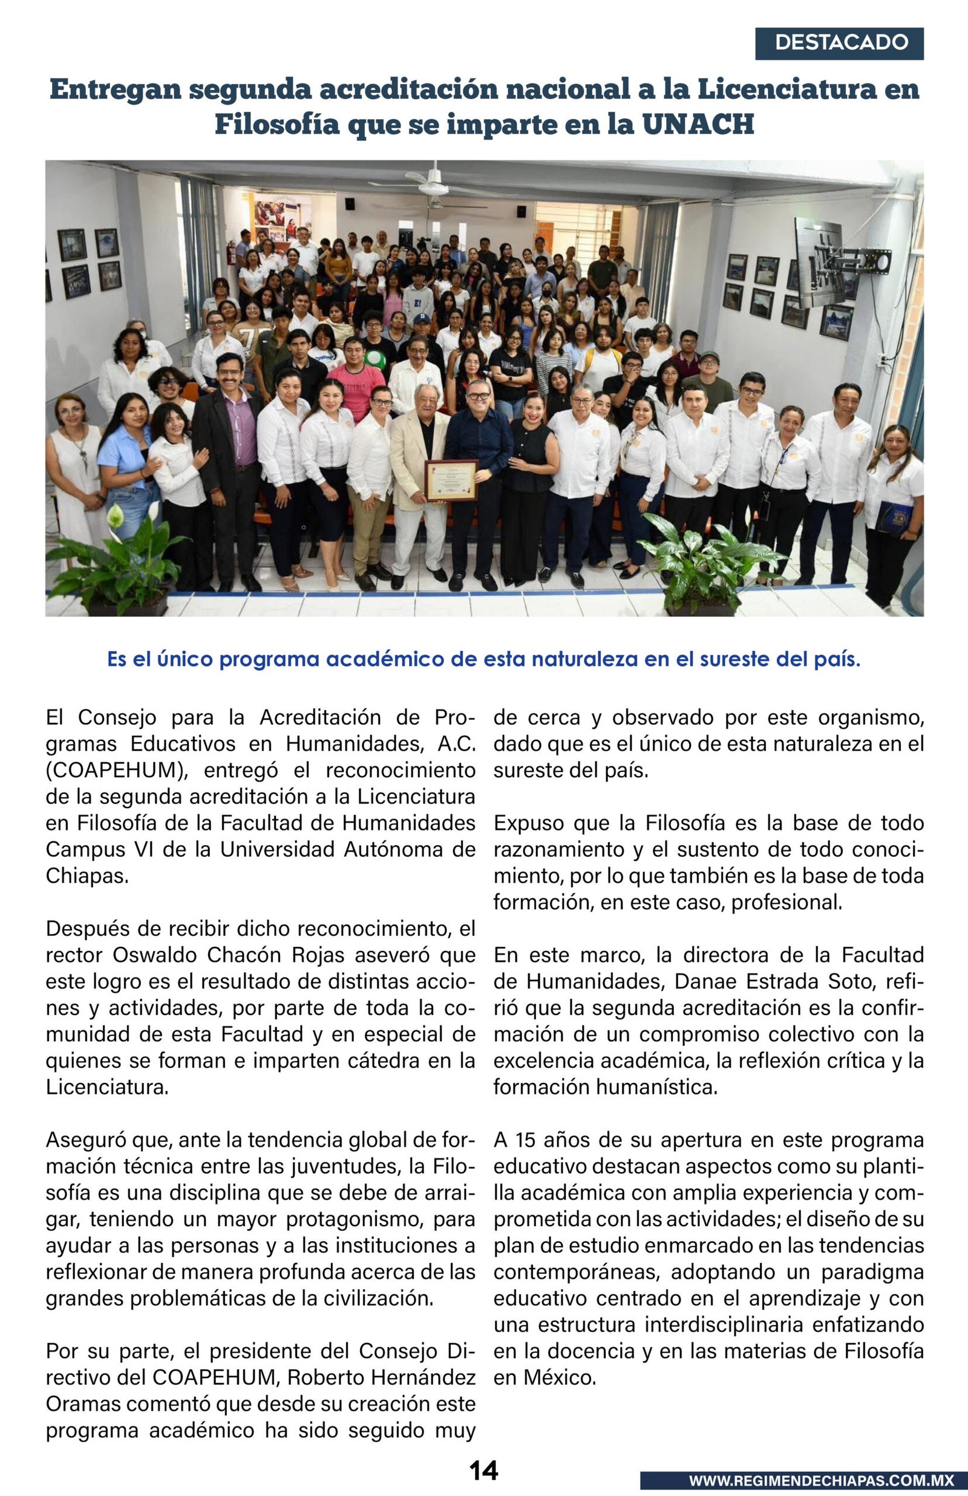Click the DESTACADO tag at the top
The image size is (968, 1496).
pyautogui.click(x=839, y=43)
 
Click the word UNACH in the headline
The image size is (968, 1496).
pyautogui.click(x=697, y=124)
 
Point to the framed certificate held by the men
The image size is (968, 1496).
pyautogui.click(x=451, y=480)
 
